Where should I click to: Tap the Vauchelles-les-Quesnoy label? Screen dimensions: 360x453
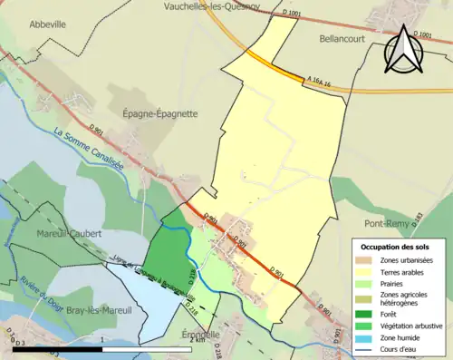coord(211,6)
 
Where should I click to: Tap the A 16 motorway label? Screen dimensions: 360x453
coord(321,83)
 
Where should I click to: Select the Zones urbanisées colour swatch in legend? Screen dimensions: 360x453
coord(365,261)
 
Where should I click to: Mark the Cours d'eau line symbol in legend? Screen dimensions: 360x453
coord(365,347)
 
